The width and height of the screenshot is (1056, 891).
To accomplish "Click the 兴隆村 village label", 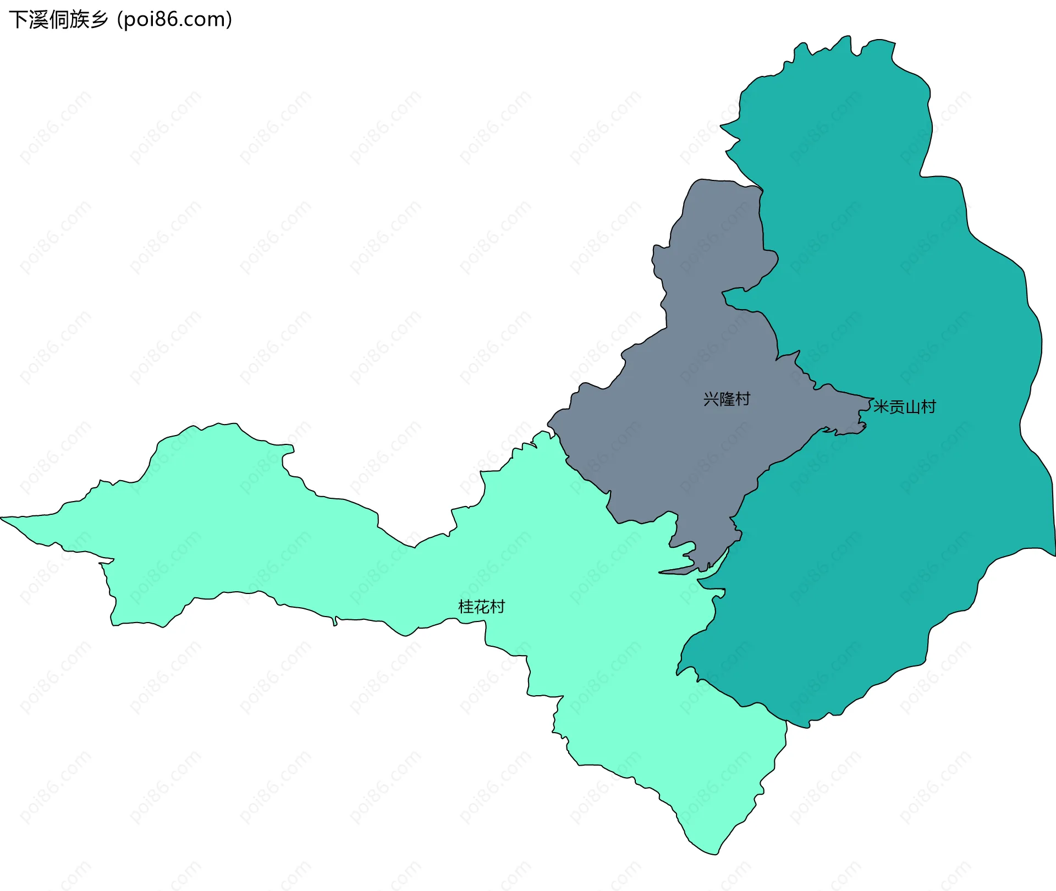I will pyautogui.click(x=727, y=399).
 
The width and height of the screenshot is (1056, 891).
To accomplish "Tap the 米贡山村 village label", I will pyautogui.click(x=905, y=407).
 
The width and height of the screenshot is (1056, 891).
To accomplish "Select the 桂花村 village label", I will pyautogui.click(x=481, y=607).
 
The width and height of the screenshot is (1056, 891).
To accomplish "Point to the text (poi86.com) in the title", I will pyautogui.click(x=175, y=20).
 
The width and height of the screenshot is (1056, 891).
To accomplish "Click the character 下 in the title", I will pyautogui.click(x=18, y=20).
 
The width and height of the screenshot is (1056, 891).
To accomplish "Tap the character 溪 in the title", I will pyautogui.click(x=38, y=20).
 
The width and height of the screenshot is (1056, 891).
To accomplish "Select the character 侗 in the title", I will pyautogui.click(x=59, y=20).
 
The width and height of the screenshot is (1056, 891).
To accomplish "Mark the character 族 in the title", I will pyautogui.click(x=79, y=20).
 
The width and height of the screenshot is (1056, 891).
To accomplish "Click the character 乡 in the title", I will pyautogui.click(x=100, y=20).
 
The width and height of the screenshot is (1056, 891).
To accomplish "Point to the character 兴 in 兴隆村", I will pyautogui.click(x=711, y=399).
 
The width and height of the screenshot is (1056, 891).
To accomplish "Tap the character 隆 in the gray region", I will pyautogui.click(x=727, y=399).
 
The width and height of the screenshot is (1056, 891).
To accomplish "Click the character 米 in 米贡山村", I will pyautogui.click(x=881, y=407).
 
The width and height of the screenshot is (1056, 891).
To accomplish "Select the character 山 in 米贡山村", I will pyautogui.click(x=912, y=407).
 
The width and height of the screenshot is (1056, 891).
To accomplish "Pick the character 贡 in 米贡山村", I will pyautogui.click(x=897, y=407).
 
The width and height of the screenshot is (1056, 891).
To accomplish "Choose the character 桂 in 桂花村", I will pyautogui.click(x=466, y=607).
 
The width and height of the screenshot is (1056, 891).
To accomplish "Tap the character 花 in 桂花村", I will pyautogui.click(x=481, y=607).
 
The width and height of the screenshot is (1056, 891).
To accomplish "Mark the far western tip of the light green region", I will pyautogui.click(x=2, y=518).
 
